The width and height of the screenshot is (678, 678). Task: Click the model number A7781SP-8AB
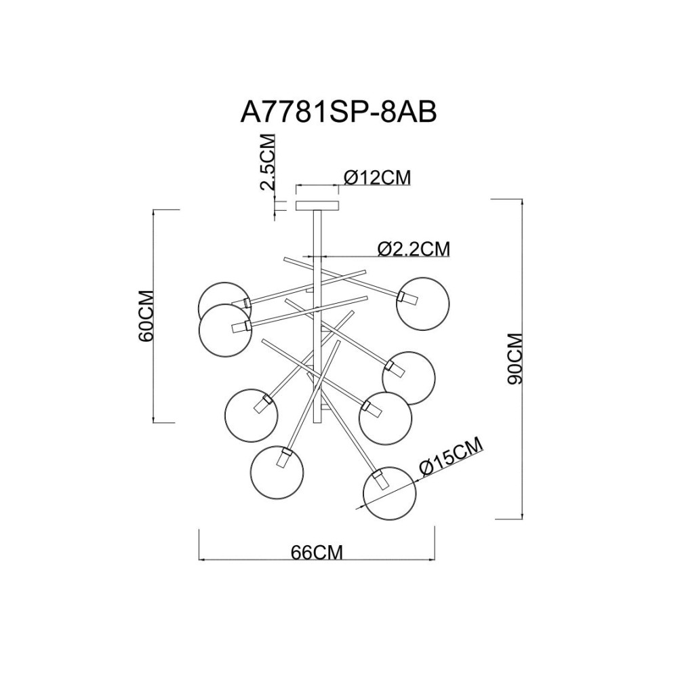point(338,111)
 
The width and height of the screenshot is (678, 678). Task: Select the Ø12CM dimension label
point(378,178)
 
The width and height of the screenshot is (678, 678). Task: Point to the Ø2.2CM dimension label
point(414,248)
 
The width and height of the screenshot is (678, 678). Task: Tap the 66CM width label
point(317,552)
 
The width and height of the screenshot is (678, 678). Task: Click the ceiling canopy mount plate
point(317,205)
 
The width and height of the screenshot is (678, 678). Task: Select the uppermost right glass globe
point(424,302)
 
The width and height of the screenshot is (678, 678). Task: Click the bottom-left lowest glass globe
point(276,471)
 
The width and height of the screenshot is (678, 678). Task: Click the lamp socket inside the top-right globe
point(405,298)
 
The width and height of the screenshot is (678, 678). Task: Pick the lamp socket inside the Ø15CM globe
point(378,482)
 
